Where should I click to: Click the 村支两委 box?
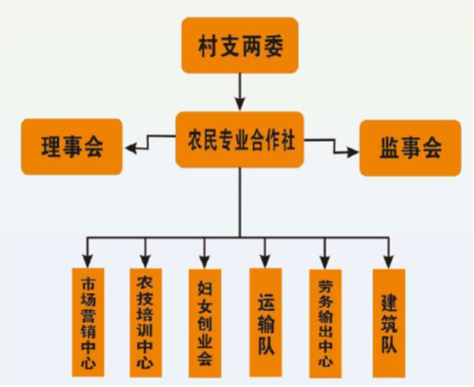[x=240, y=46]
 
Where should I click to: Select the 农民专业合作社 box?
[x=240, y=140]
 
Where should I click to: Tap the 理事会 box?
[x=71, y=146]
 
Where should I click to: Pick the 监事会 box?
[x=410, y=147]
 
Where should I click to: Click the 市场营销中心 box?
[x=88, y=322]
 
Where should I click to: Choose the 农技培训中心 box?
[x=146, y=322]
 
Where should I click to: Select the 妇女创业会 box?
[x=205, y=323]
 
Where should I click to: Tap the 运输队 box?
[x=266, y=322]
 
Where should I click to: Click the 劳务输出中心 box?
[x=326, y=323]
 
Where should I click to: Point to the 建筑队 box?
[x=389, y=323]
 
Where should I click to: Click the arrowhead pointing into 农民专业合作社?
[x=240, y=105]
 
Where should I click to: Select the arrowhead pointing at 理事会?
[x=131, y=148]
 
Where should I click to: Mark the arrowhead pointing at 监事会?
[x=352, y=152]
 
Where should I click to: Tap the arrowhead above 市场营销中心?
[x=88, y=261]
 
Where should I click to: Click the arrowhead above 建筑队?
[x=388, y=262]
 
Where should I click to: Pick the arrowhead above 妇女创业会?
[x=205, y=262]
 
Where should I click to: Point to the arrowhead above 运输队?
[x=266, y=261]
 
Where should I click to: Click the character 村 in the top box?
[x=208, y=47]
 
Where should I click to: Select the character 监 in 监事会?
[x=390, y=148]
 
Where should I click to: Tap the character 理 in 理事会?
[x=51, y=146]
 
